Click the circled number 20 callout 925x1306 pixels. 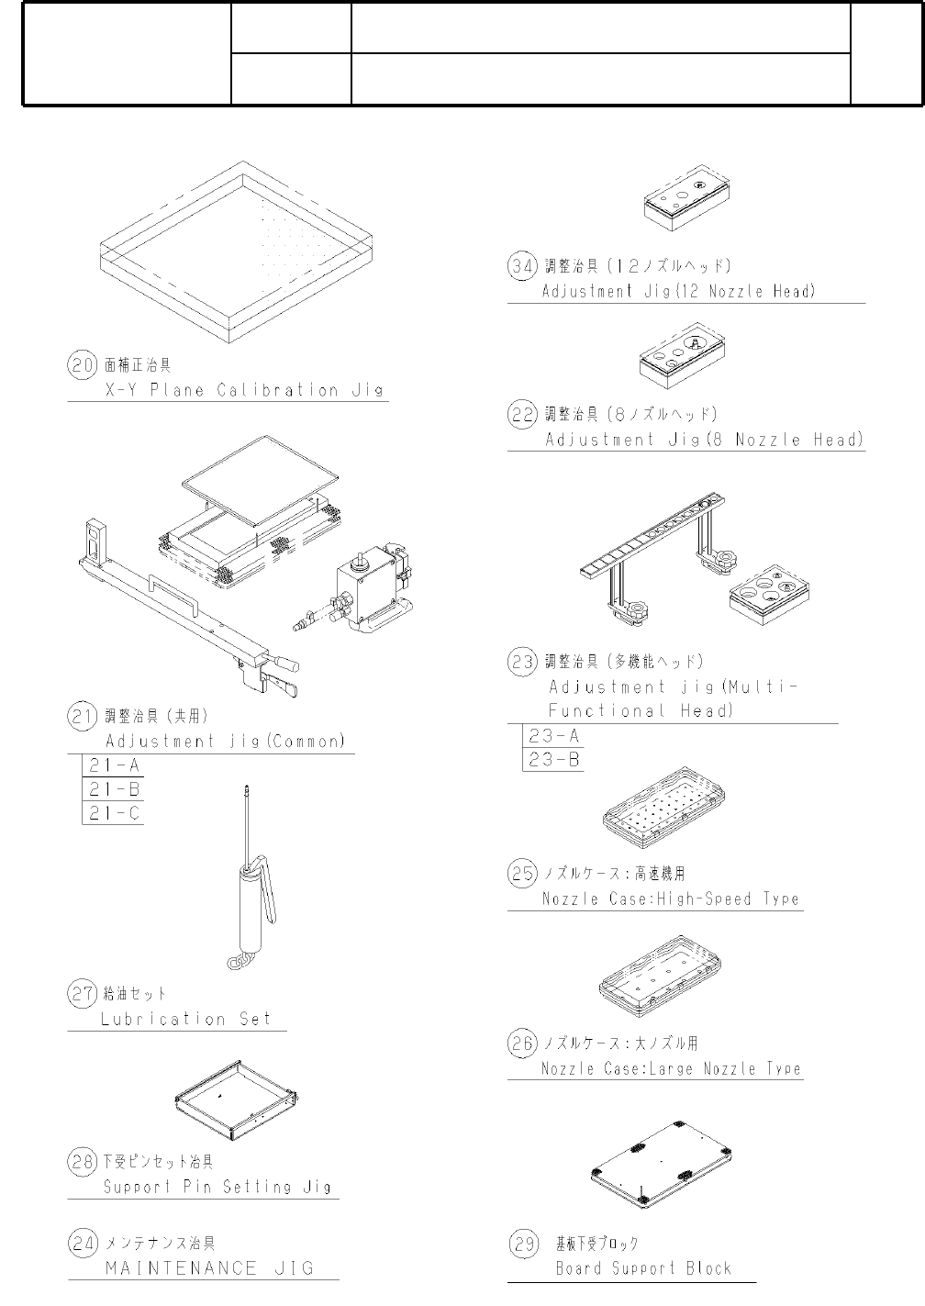pos(83,365)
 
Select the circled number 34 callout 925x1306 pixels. pos(522,266)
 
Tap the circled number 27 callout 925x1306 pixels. pos(83,993)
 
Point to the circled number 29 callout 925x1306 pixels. pos(523,1245)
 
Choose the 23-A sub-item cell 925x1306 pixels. pos(553,736)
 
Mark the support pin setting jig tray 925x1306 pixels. pos(238,1099)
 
